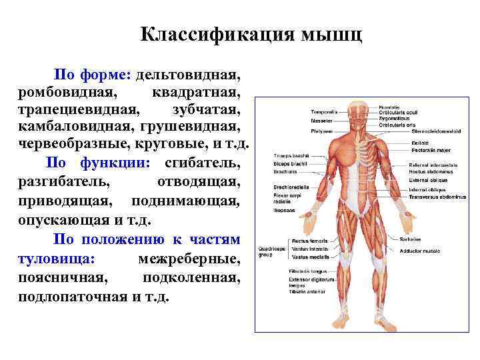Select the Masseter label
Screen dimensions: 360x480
(321, 121)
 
